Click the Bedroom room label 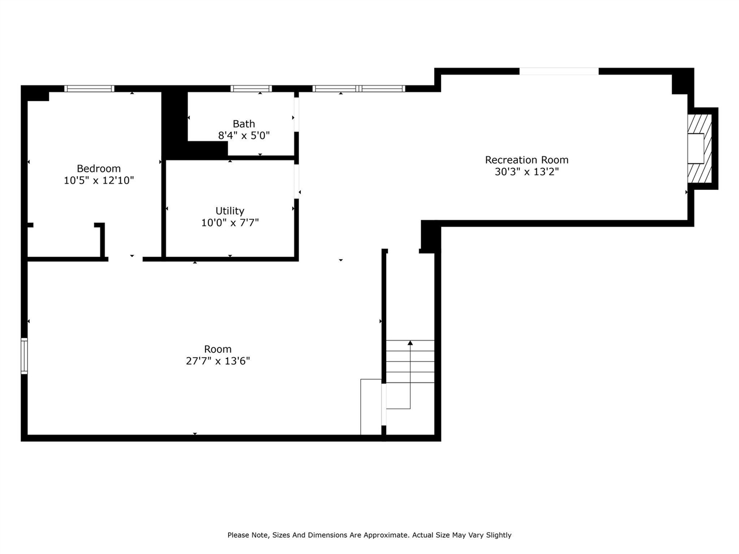tap(99, 169)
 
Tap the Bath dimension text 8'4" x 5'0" tap(244, 136)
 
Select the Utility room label tap(230, 211)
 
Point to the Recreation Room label tap(527, 160)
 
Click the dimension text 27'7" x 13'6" tap(218, 361)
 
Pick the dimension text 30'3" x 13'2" tap(527, 171)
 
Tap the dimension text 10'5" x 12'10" tap(99, 180)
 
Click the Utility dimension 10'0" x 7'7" tap(230, 223)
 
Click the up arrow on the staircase tap(410, 343)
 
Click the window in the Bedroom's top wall tap(89, 88)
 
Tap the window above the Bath tap(251, 88)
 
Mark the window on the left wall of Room tap(24, 356)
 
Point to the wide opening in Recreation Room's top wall tap(559, 72)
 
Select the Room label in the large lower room tap(218, 349)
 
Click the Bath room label tap(244, 123)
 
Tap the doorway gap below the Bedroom tap(125, 259)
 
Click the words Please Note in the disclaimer tap(248, 535)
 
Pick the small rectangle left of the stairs tap(371, 407)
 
